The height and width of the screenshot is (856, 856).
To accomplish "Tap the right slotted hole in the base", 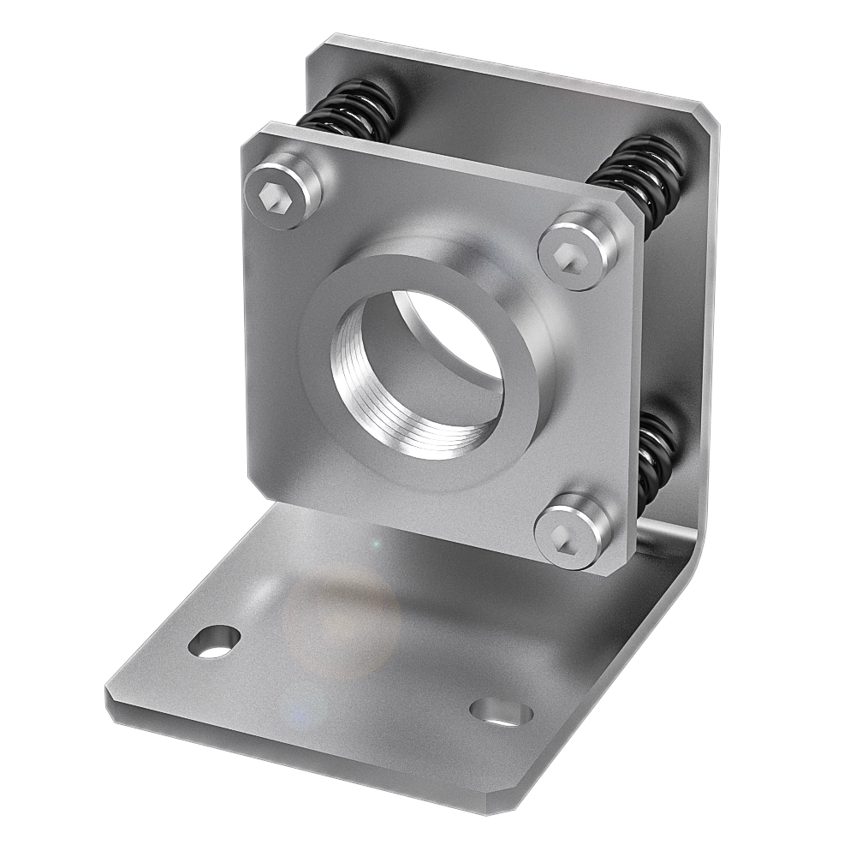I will [501, 711].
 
